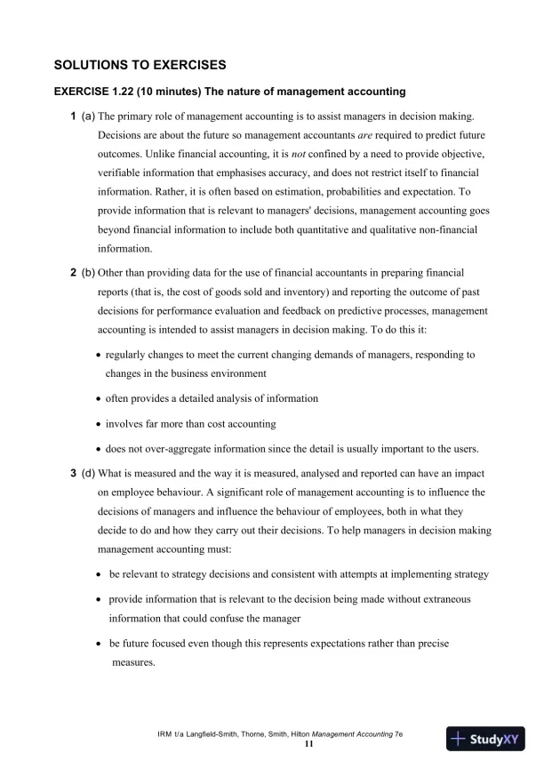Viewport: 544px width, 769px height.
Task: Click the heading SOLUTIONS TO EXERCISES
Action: click(140, 65)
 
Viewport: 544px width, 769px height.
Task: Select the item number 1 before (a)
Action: click(73, 116)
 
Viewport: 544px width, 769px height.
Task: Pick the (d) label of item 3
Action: click(88, 472)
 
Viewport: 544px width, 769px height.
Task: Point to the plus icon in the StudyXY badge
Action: click(459, 739)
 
